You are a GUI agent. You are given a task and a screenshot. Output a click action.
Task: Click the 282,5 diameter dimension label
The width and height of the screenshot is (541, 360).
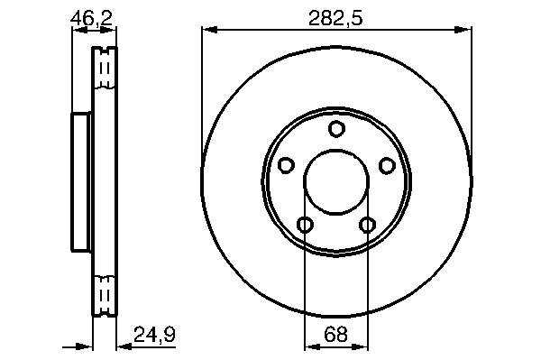pos(335,18)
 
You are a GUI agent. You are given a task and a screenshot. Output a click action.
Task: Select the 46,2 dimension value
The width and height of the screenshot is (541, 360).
pos(91,18)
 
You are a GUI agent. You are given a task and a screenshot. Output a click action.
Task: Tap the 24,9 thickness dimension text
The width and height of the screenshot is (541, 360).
pos(154,335)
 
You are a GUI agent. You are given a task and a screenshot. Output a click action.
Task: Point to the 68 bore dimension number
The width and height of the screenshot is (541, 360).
pos(335,335)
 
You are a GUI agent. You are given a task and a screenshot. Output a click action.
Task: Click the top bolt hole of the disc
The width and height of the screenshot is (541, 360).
pos(336,128)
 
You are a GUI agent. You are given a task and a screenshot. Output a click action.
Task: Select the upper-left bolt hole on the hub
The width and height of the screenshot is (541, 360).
pos(286,165)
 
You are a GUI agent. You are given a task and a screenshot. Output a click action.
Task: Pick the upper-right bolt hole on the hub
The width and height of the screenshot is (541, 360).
pos(387,165)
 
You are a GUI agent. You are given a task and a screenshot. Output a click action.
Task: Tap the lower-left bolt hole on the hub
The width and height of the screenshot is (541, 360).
pos(306,225)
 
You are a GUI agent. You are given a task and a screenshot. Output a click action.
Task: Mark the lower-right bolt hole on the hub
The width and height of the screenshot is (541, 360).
pos(367,225)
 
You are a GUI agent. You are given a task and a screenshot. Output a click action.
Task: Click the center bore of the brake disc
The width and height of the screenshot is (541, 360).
pos(336,181)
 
